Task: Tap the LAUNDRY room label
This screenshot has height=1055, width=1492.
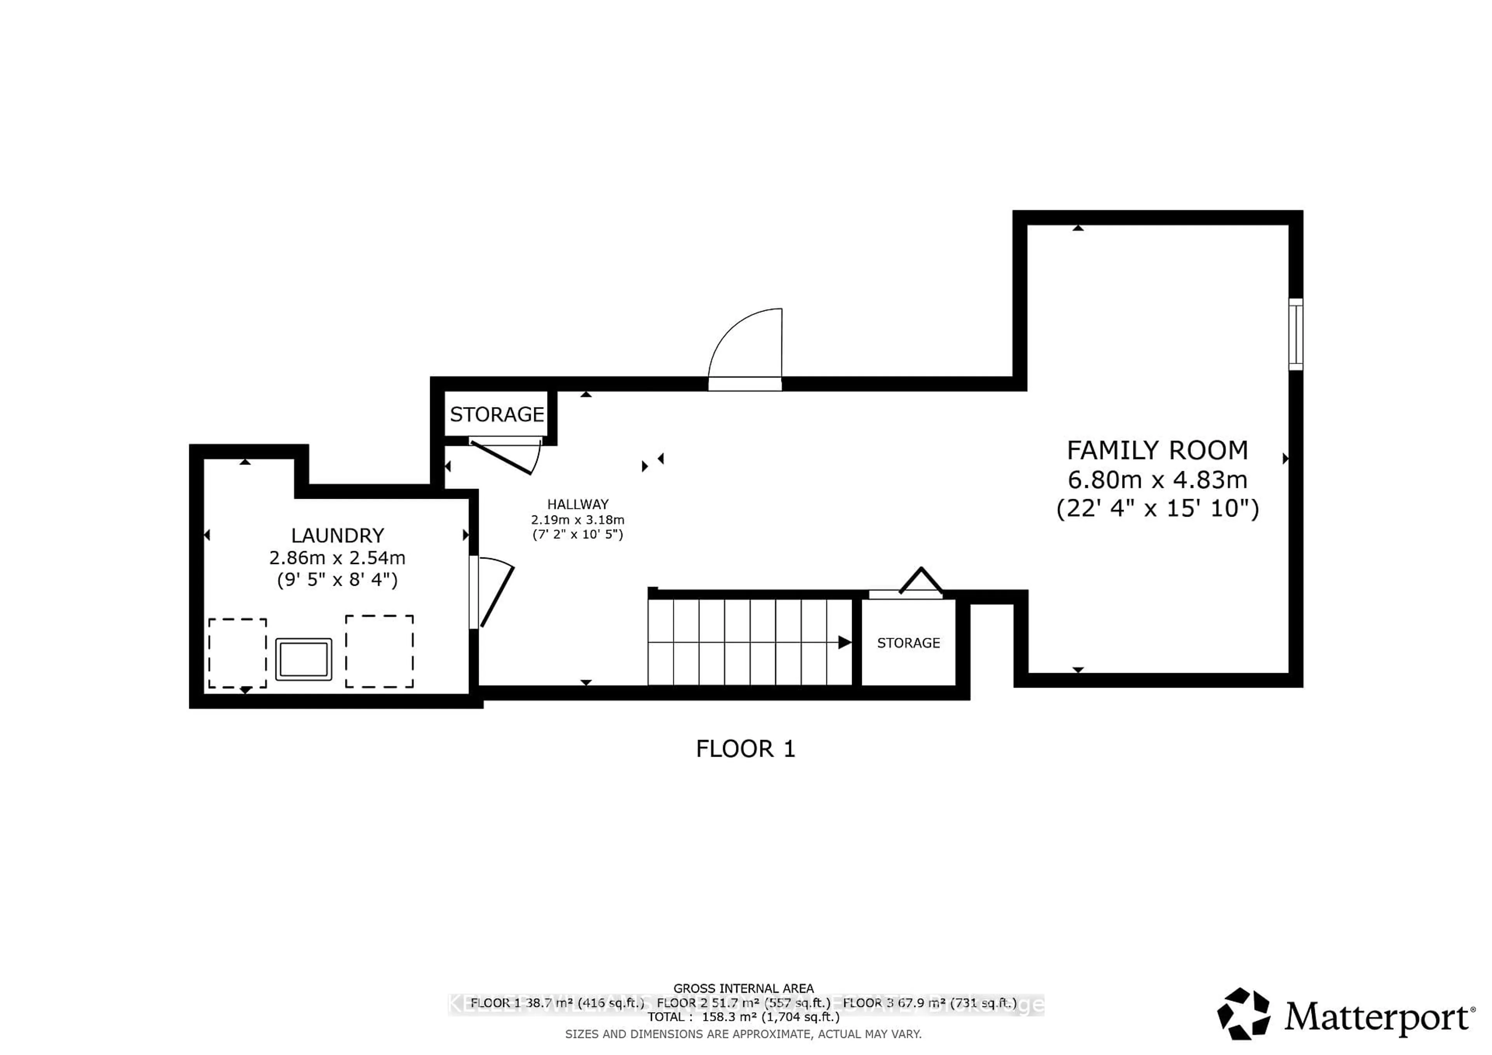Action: (x=337, y=535)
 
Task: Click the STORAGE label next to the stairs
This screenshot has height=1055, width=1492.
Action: (x=908, y=643)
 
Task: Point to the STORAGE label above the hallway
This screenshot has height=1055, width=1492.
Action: (x=497, y=414)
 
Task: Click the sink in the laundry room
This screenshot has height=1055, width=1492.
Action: (x=303, y=660)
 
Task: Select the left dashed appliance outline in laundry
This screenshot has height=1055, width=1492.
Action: (x=237, y=653)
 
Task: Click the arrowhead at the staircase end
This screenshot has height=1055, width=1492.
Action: (x=844, y=642)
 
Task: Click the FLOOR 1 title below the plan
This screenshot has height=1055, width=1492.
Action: (x=745, y=749)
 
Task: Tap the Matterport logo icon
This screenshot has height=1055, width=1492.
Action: (x=1243, y=1014)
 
